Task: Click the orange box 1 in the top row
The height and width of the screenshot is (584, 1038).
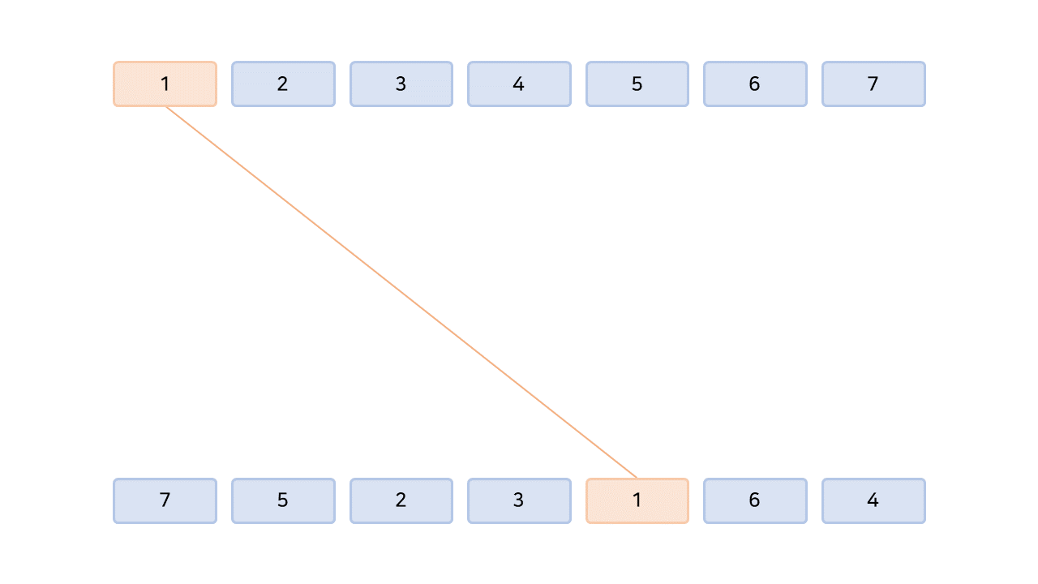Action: [165, 84]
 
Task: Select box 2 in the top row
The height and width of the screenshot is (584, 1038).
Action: [283, 84]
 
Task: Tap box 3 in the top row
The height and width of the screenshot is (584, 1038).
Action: [401, 84]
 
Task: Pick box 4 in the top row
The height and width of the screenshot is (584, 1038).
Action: [519, 84]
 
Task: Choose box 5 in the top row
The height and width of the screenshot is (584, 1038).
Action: [637, 84]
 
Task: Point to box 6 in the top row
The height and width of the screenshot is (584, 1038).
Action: [755, 84]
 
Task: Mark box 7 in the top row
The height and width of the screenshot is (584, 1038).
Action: [873, 84]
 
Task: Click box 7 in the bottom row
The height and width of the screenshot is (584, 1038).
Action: [165, 500]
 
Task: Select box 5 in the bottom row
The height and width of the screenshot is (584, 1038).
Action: [283, 500]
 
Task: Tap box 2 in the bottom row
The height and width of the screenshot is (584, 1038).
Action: [401, 500]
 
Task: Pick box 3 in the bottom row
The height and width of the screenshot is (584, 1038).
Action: [519, 500]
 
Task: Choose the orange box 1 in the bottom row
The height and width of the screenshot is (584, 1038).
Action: [637, 500]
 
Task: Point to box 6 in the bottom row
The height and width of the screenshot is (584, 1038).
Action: [755, 500]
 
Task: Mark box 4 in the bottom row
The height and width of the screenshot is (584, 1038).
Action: [873, 500]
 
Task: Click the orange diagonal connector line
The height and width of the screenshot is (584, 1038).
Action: [401, 293]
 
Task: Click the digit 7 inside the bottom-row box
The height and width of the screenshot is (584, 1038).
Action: [165, 500]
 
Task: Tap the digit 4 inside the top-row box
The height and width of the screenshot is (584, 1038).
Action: [519, 84]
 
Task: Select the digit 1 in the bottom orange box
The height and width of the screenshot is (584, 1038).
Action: [637, 500]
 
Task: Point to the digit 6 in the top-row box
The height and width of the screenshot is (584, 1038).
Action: [755, 84]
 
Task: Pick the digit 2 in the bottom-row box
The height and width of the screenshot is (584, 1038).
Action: [401, 500]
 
